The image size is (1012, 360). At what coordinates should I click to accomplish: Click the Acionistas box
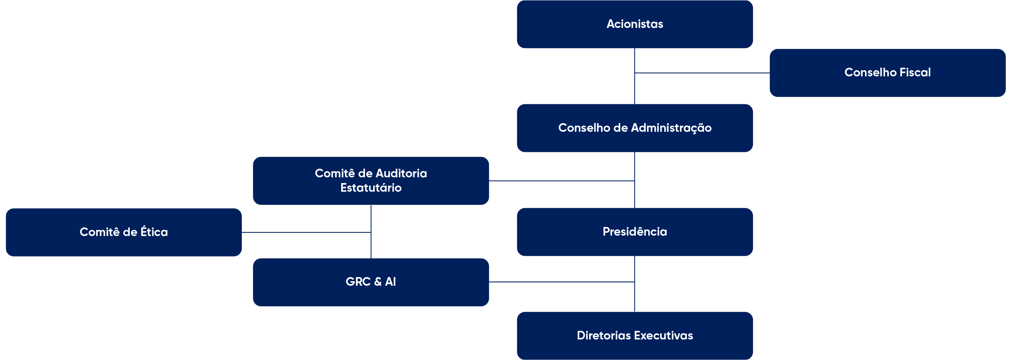pos(635,24)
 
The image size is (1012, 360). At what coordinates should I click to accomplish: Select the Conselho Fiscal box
pos(887,73)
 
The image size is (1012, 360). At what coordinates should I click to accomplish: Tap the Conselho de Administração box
pos(635,128)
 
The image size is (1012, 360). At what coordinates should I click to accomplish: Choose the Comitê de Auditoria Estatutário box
pos(371,181)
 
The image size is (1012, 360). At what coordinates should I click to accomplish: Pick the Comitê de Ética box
pos(124,232)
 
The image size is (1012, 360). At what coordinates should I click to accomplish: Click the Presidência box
pos(635,232)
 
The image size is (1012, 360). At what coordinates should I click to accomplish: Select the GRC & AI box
pos(371,282)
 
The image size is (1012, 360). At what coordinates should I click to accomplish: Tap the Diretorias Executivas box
pos(635,336)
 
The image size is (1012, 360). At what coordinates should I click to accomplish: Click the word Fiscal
pos(915,73)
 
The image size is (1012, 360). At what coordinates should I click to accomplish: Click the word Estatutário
pos(371,188)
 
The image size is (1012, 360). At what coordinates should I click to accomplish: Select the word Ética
pos(154,232)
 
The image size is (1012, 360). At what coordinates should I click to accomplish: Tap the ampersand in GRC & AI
pos(378,282)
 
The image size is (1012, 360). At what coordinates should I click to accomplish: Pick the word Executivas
pos(663,336)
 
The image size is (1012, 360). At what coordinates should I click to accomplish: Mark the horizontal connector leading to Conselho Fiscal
pos(702,73)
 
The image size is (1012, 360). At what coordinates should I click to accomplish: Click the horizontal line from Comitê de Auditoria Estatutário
pos(562,181)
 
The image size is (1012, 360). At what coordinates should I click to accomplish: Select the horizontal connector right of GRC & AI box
pos(562,282)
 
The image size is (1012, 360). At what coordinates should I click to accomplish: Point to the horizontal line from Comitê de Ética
pos(306,232)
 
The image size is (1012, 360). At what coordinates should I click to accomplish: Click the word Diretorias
pos(604,336)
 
